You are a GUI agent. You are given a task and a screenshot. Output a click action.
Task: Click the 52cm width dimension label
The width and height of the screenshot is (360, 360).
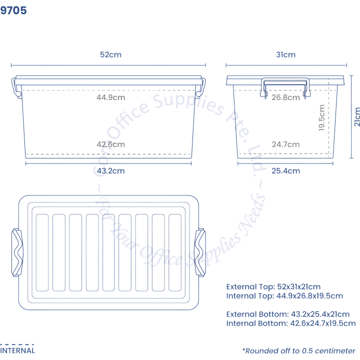[110, 55]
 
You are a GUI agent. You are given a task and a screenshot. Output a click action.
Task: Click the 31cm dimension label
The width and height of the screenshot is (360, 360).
[285, 55]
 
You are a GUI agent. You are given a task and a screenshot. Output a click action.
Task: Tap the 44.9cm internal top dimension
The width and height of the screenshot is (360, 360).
[110, 97]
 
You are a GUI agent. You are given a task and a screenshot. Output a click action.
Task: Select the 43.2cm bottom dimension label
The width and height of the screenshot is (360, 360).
[110, 171]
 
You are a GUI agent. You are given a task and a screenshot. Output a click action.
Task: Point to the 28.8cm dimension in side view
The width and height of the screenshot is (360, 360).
[285, 97]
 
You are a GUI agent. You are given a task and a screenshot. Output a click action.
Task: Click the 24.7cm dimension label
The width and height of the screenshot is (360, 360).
[285, 144]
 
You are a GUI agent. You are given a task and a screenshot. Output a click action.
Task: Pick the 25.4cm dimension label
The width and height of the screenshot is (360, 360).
[285, 171]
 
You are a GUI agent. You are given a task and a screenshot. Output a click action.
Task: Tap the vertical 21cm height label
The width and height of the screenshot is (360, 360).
[356, 116]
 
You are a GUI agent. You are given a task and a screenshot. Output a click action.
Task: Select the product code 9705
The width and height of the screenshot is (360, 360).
[13, 10]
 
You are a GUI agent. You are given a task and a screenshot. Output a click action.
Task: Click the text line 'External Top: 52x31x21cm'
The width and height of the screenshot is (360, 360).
[273, 287]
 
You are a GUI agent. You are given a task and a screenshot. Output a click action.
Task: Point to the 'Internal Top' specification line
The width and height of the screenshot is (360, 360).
[284, 296]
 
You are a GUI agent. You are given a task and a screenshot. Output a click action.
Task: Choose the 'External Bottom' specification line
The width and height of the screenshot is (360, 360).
[287, 314]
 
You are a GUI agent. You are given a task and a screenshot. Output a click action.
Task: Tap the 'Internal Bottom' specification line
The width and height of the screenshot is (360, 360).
[291, 324]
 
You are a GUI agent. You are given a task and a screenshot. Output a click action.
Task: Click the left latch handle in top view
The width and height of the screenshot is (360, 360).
[17, 252]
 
